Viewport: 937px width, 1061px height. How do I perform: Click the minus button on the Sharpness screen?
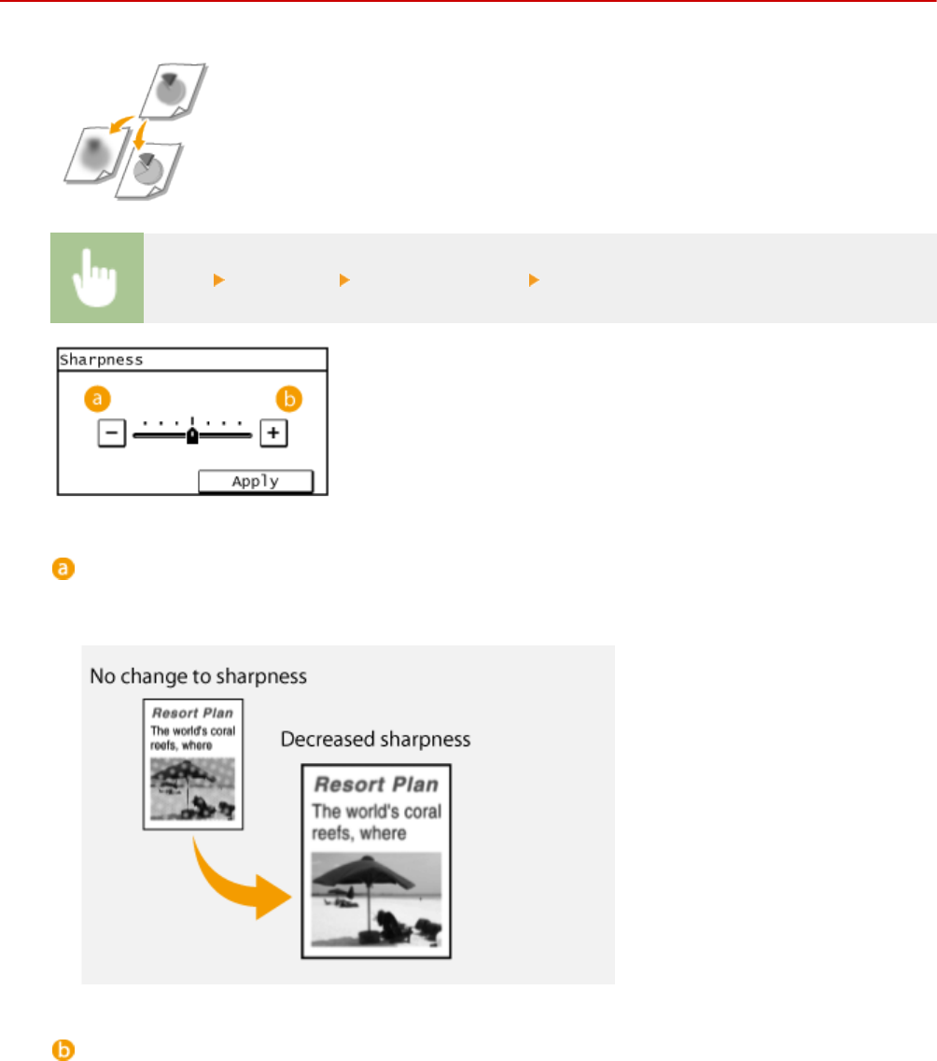click(108, 434)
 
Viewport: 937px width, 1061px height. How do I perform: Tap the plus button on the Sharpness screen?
click(273, 434)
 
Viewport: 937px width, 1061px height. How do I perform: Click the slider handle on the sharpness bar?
click(191, 435)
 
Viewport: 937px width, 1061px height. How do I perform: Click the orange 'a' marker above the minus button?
click(97, 400)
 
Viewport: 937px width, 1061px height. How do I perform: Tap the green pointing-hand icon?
click(97, 278)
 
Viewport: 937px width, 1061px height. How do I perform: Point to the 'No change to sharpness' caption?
click(198, 675)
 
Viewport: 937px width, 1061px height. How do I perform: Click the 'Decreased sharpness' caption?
click(376, 740)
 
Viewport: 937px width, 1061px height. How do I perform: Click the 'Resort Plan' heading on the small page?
click(192, 713)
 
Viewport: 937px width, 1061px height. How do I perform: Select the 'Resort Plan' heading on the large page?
click(376, 784)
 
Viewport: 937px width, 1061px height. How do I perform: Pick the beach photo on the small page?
click(193, 788)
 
